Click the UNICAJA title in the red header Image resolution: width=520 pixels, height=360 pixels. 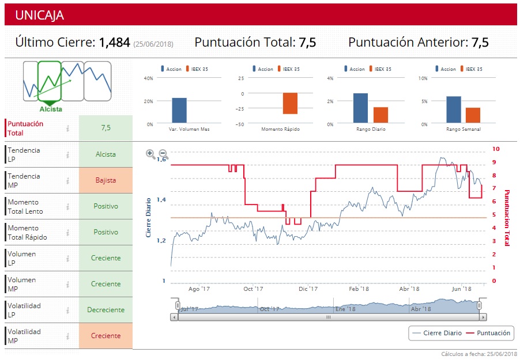[40, 15]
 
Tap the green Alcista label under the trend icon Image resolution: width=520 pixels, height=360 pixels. [51, 109]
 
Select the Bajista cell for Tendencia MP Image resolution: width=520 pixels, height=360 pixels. [105, 180]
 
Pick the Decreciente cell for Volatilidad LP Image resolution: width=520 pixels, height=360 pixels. [105, 310]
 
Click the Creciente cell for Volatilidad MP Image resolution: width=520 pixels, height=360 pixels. [105, 336]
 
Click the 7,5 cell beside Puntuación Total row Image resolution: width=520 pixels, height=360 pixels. [105, 128]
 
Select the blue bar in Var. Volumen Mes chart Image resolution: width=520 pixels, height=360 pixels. [179, 111]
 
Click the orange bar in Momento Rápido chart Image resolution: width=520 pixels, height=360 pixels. [290, 103]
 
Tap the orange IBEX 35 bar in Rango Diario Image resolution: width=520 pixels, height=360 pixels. [380, 115]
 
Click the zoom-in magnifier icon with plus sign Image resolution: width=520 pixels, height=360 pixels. [150, 154]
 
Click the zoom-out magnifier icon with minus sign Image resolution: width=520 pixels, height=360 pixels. [163, 154]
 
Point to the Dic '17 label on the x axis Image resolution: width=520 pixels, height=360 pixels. [308, 289]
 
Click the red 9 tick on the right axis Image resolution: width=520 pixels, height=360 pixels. [494, 162]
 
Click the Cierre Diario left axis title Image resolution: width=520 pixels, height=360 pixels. [148, 218]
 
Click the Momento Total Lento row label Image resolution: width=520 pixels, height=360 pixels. [25, 207]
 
